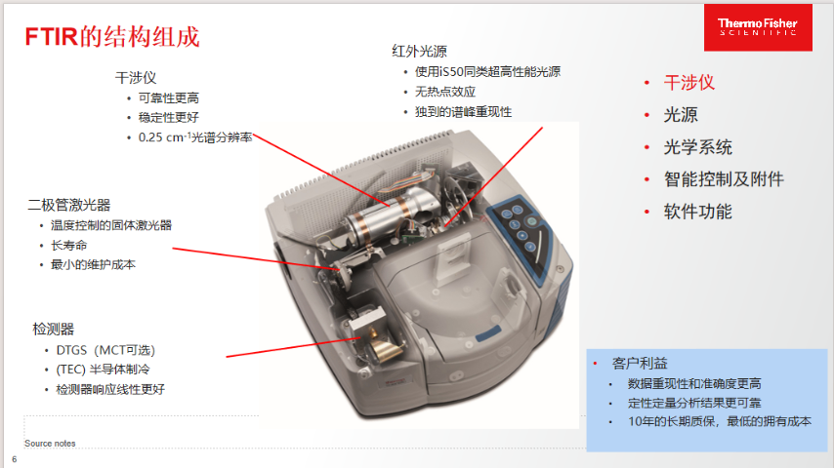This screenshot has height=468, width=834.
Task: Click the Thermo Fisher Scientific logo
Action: pyautogui.click(x=758, y=27)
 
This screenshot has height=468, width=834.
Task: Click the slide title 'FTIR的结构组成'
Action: pyautogui.click(x=112, y=37)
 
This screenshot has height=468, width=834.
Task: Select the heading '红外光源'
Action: pyautogui.click(x=419, y=51)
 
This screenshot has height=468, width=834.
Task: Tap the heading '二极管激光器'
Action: pyautogui.click(x=69, y=205)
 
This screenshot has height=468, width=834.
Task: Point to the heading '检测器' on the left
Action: pyautogui.click(x=53, y=330)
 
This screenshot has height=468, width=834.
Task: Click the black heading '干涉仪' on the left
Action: pyautogui.click(x=136, y=78)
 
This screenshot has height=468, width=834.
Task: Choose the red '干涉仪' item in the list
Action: pyautogui.click(x=688, y=82)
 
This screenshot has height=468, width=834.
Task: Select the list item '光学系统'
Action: pyautogui.click(x=697, y=147)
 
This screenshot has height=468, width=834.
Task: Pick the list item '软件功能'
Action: pyautogui.click(x=697, y=212)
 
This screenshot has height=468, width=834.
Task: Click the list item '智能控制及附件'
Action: pyautogui.click(x=724, y=179)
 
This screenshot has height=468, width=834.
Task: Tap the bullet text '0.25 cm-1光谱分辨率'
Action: pyautogui.click(x=195, y=137)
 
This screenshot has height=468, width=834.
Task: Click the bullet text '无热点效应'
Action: pyautogui.click(x=445, y=92)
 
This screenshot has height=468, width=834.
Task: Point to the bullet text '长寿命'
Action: pyautogui.click(x=68, y=246)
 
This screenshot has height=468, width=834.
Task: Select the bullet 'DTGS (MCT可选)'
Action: pyautogui.click(x=105, y=351)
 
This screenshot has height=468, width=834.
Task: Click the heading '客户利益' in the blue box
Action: pyautogui.click(x=640, y=364)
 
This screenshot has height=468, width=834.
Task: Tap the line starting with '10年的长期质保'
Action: pyautogui.click(x=720, y=422)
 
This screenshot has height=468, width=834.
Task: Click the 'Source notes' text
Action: pyautogui.click(x=50, y=443)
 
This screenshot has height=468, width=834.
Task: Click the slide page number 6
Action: pyautogui.click(x=15, y=459)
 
